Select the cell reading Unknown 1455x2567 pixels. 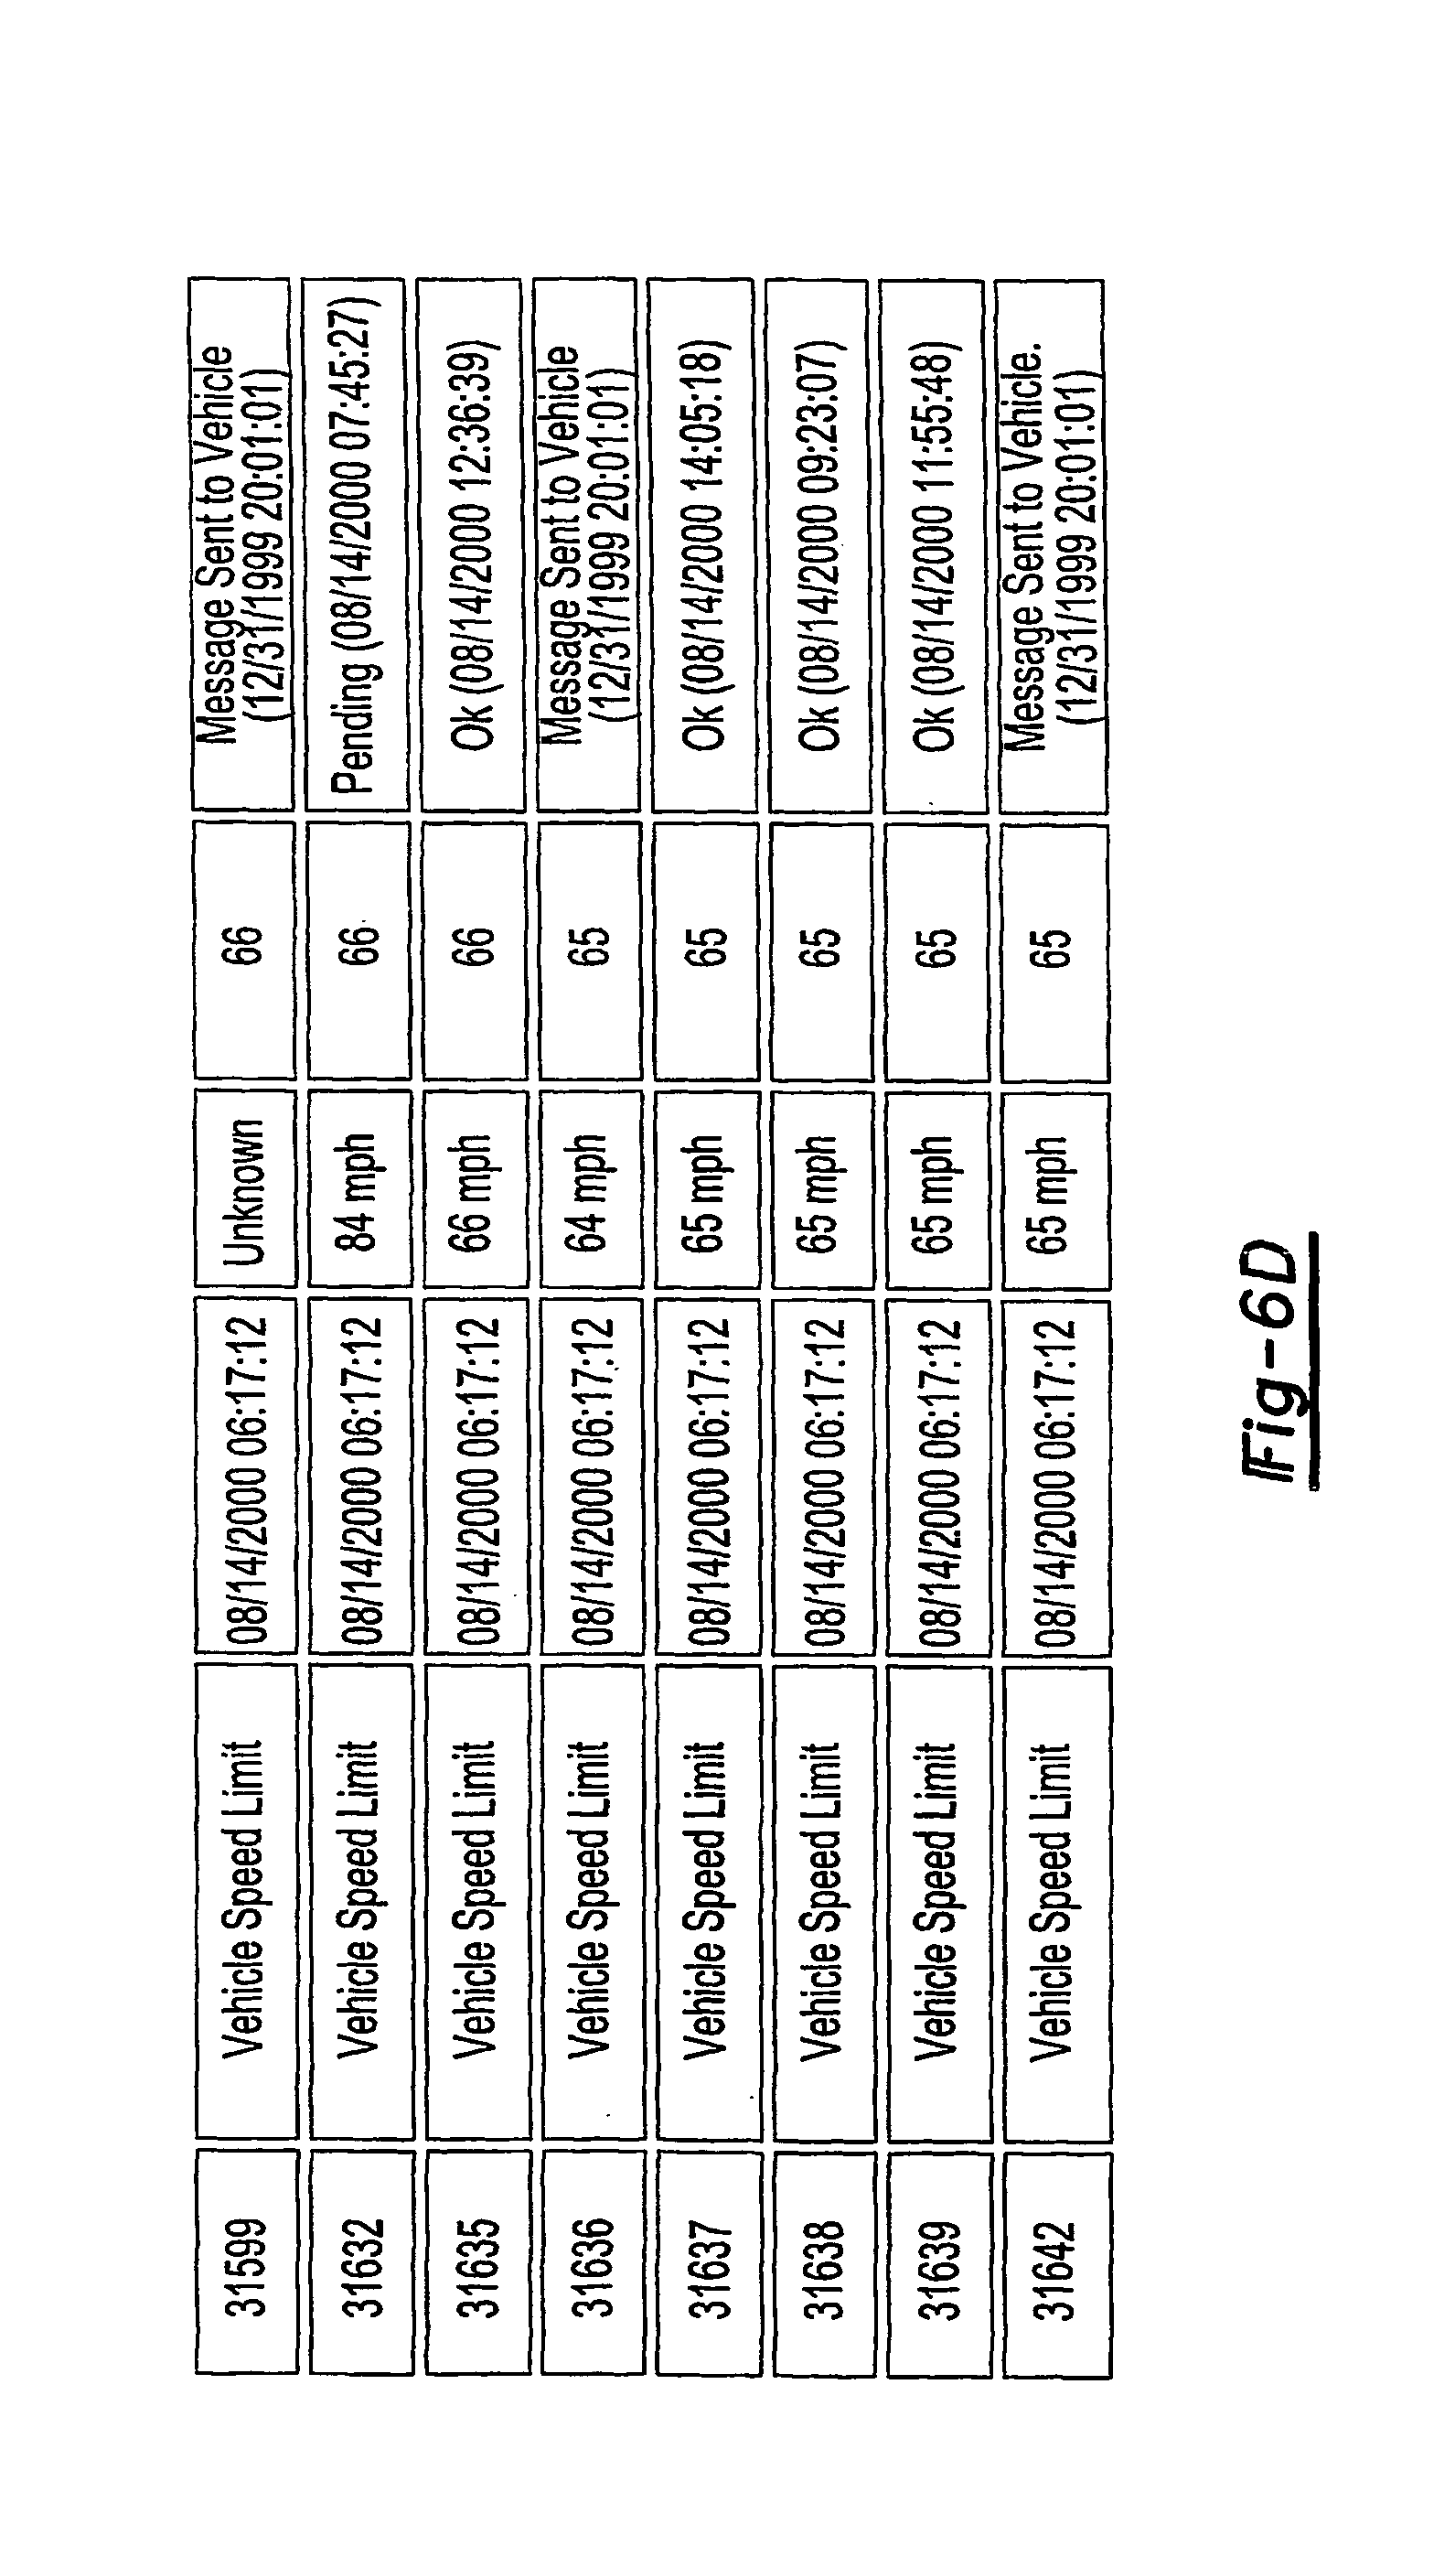245,1188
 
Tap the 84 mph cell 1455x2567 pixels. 359,1188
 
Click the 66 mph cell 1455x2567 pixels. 476,1188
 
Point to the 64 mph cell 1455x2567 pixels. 591,1188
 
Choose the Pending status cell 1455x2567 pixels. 357,545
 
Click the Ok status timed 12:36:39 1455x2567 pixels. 472,545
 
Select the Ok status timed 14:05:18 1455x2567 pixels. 703,545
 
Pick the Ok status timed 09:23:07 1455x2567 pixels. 818,545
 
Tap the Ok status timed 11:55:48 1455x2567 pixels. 935,545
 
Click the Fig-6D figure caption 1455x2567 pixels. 1281,1359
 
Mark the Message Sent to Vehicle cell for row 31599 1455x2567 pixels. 241,545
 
